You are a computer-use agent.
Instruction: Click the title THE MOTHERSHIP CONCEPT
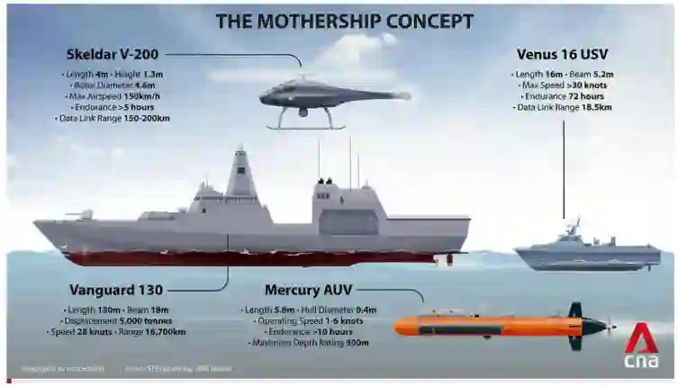click(344, 21)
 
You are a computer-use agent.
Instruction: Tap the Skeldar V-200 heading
click(106, 54)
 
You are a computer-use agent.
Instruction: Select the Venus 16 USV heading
click(561, 54)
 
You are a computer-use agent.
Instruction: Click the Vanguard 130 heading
click(116, 290)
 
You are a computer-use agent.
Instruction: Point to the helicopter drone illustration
click(329, 94)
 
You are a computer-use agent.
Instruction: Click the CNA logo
click(640, 346)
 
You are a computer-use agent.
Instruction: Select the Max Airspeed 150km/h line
click(113, 95)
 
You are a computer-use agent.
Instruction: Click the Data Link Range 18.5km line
click(564, 107)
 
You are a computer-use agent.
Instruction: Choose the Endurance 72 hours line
click(564, 96)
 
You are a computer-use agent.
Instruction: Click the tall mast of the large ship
click(241, 171)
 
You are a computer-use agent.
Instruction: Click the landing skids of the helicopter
click(306, 124)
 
